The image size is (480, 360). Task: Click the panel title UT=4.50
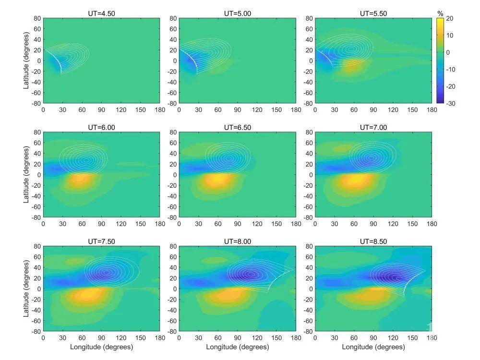[x=102, y=13]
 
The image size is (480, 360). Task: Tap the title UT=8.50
[x=373, y=241]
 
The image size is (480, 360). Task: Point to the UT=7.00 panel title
[x=373, y=127]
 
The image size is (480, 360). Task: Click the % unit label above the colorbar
[x=440, y=13]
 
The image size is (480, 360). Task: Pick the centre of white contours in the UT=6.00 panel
[x=86, y=160]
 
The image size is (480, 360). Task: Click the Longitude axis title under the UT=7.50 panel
[x=102, y=347]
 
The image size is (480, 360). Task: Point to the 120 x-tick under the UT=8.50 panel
[x=393, y=337]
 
